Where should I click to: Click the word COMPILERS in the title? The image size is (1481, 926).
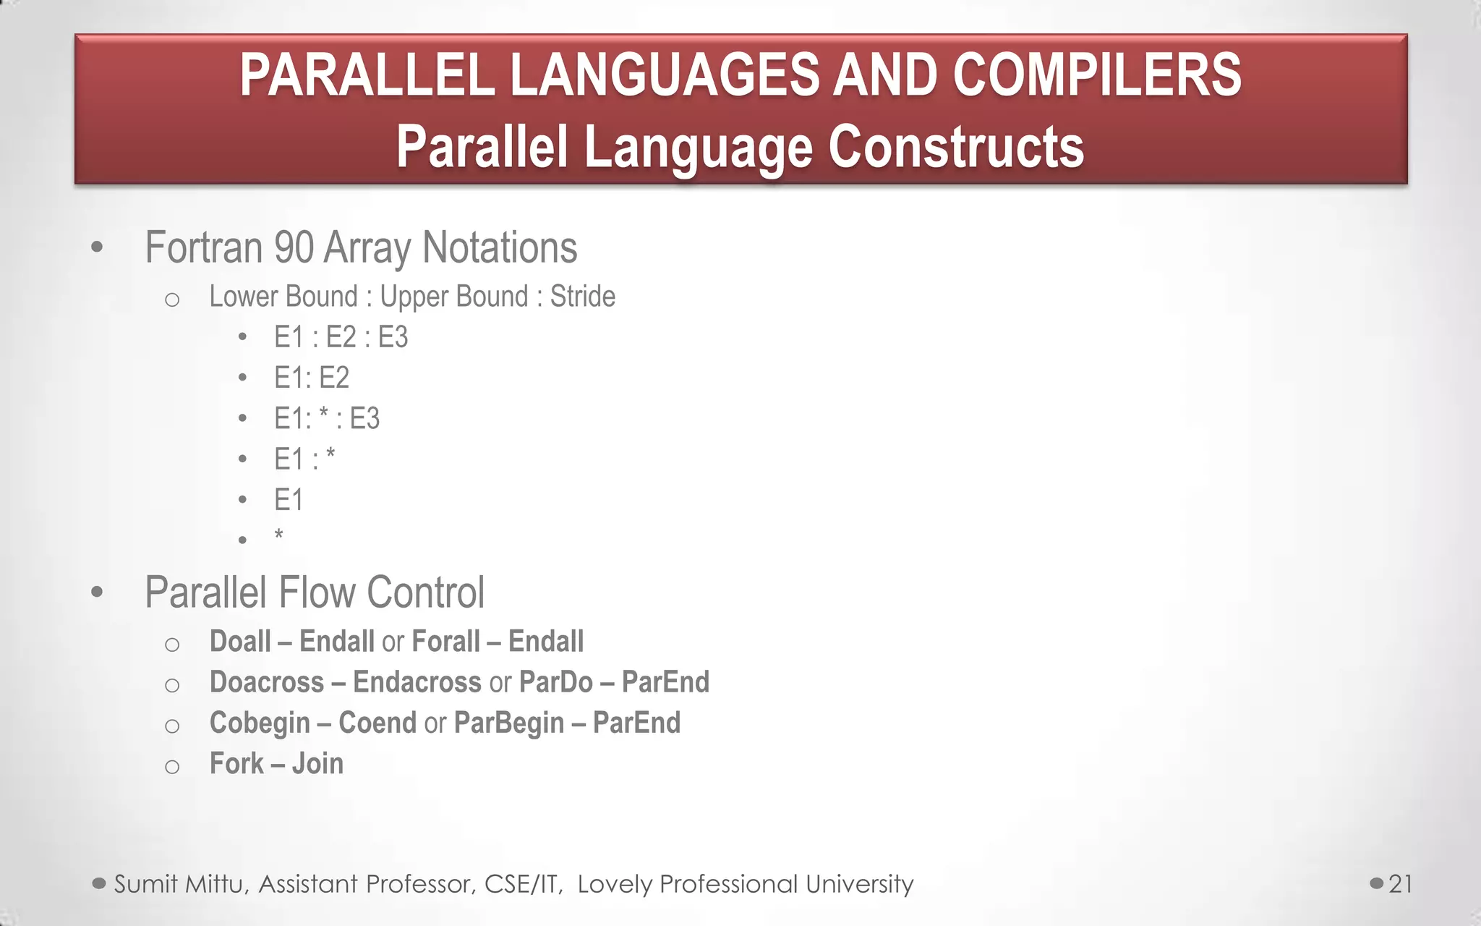tap(1096, 75)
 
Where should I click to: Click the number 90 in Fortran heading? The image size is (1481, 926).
tap(294, 247)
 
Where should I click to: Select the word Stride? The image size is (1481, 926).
tap(582, 297)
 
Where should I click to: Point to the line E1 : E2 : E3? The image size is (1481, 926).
tap(341, 337)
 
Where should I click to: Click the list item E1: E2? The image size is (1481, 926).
tap(311, 378)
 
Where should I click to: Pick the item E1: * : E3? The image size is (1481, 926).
tap(326, 418)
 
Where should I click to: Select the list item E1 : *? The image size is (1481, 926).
tap(304, 459)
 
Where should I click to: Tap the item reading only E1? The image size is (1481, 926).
tap(288, 500)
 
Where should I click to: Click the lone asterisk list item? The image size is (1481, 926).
tap(278, 537)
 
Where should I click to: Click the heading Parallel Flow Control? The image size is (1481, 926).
tap(314, 592)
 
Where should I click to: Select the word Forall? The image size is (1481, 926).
tap(445, 642)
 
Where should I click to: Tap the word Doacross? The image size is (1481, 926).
tap(266, 682)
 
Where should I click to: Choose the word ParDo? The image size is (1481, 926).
tap(555, 682)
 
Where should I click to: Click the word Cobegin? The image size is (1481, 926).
tap(259, 723)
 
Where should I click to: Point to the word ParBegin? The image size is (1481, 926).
tap(508, 723)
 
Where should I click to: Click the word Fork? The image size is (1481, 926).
tap(236, 764)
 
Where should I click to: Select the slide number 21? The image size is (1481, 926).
tap(1400, 884)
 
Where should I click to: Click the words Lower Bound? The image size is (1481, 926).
tap(283, 297)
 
